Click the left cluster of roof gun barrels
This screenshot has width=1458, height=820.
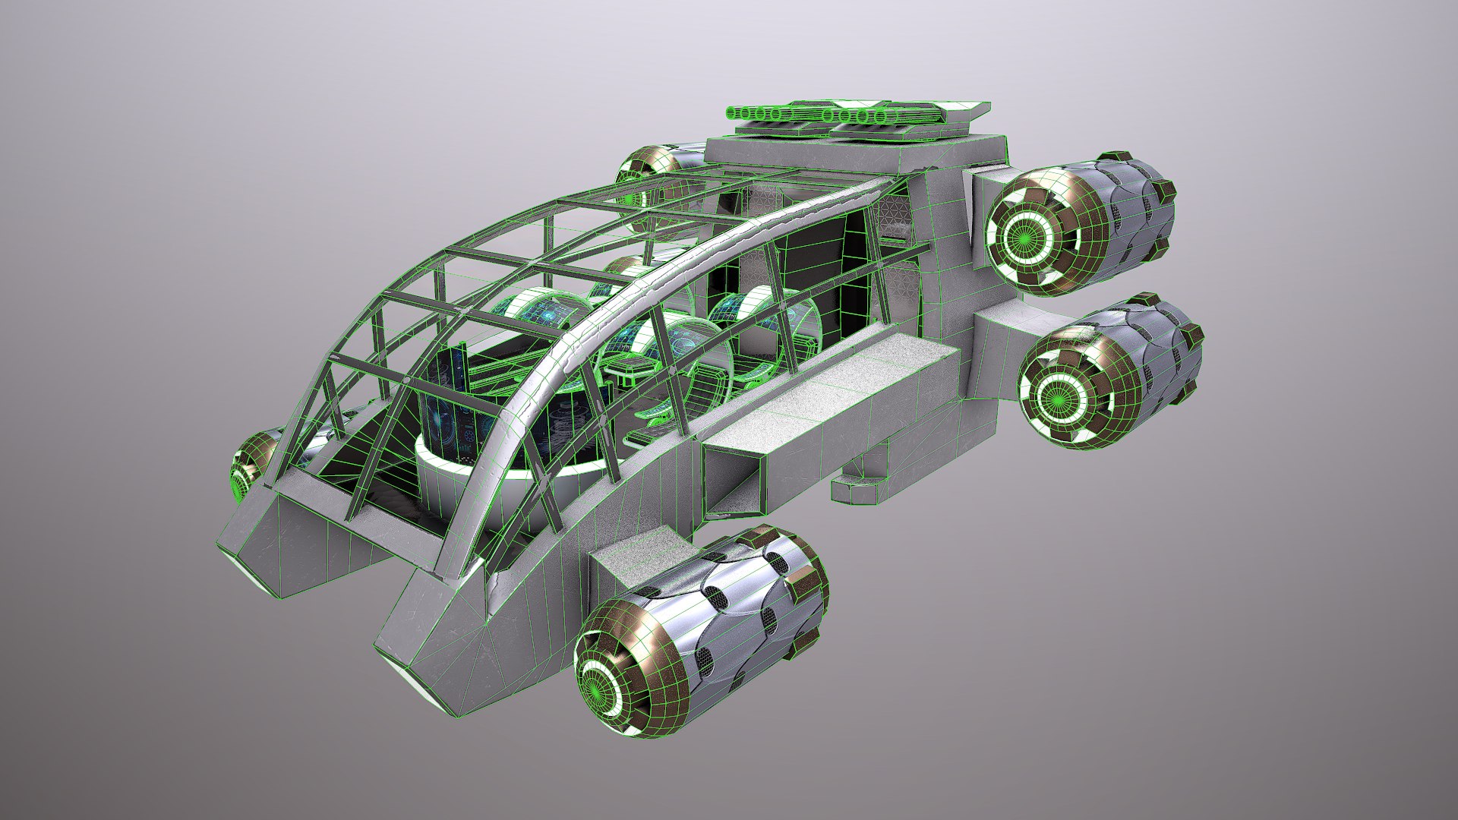pyautogui.click(x=760, y=114)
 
